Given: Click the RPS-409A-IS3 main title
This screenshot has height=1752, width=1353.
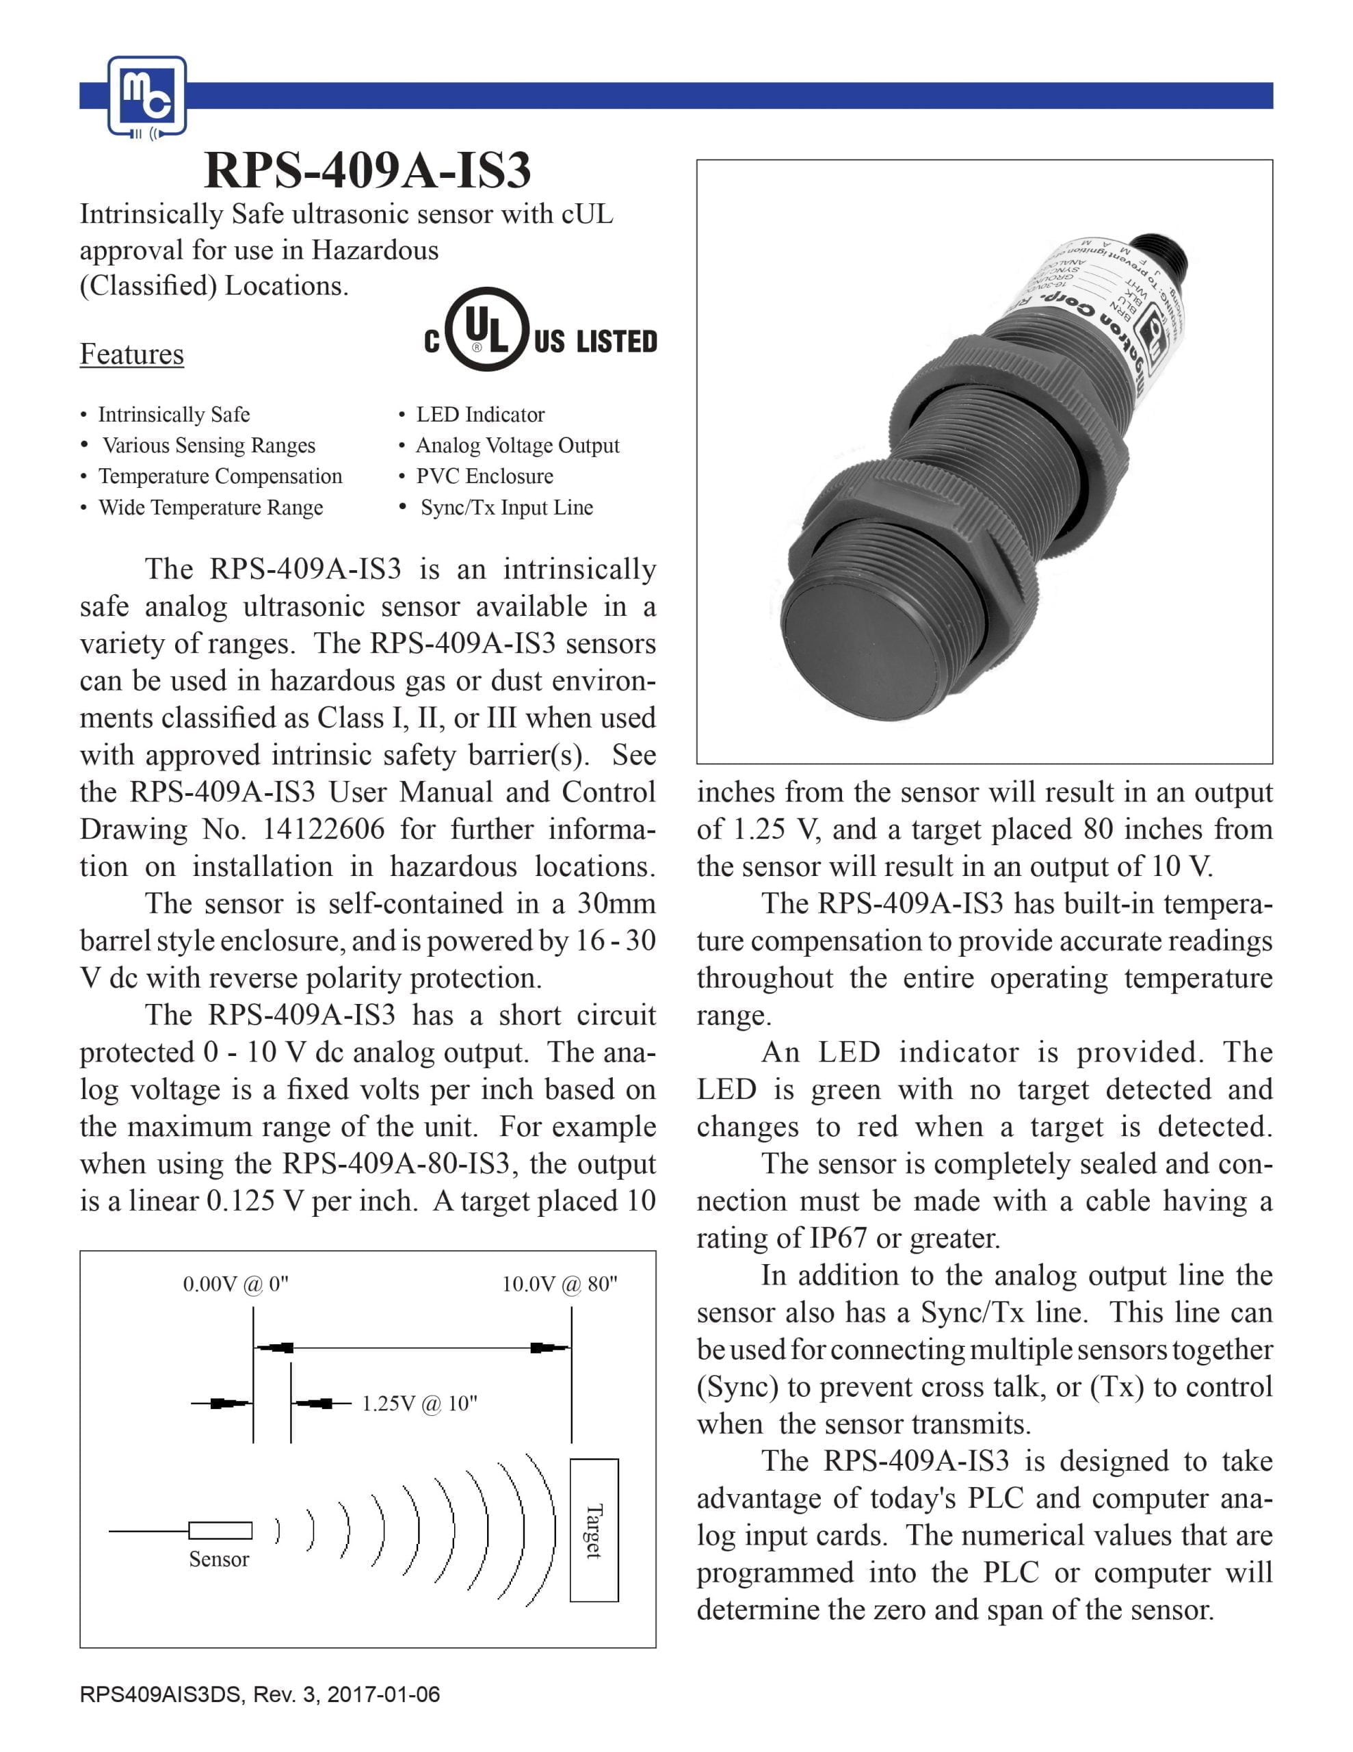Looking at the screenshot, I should tap(368, 170).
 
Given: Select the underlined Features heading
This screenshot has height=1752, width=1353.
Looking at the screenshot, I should tap(131, 354).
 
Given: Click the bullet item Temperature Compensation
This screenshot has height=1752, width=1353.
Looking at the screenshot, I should tap(220, 476).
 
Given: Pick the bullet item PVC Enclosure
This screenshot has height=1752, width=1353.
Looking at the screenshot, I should tap(484, 476).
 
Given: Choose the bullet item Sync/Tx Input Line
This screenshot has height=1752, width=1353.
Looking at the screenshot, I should tap(506, 508).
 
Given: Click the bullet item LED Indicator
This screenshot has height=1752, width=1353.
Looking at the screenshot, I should tap(480, 415).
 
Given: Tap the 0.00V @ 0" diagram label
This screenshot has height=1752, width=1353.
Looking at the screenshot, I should tap(235, 1285).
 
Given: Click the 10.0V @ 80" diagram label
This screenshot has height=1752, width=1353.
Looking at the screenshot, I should tap(559, 1285).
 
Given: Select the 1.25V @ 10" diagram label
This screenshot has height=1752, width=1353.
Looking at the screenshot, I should tap(419, 1404).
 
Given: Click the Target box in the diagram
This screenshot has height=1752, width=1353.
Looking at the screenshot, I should tap(594, 1530).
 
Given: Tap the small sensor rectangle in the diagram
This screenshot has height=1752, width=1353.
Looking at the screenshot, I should tap(220, 1530).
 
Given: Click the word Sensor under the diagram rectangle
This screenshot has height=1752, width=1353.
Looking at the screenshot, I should tap(219, 1560).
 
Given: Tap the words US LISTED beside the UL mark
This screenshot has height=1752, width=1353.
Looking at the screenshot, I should tap(595, 342).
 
